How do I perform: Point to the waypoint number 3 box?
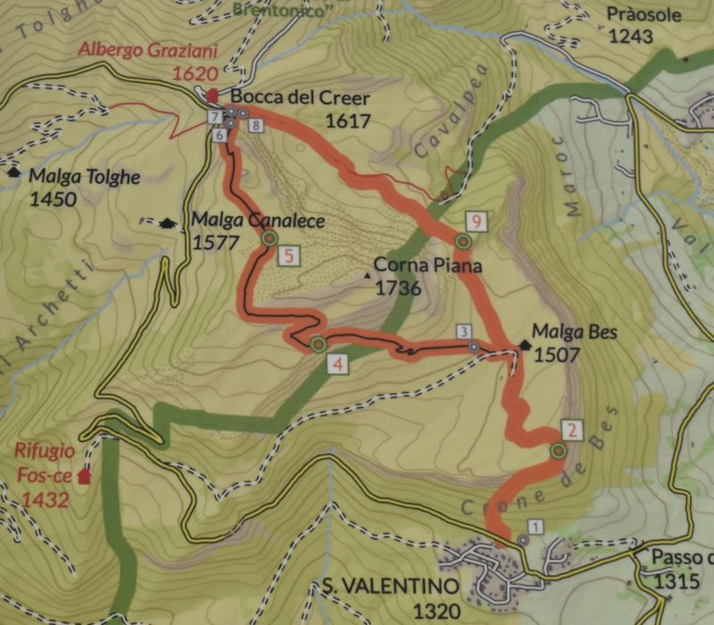click(x=464, y=332)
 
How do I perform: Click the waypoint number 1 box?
click(x=535, y=526)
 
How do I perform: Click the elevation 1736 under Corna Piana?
click(x=398, y=287)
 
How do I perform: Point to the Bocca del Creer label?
click(x=287, y=97)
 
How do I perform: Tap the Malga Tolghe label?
click(x=84, y=176)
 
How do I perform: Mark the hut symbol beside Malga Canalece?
click(x=167, y=222)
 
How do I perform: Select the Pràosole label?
click(x=643, y=14)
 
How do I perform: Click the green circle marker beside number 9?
click(x=462, y=241)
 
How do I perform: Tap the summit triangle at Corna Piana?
click(x=369, y=275)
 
